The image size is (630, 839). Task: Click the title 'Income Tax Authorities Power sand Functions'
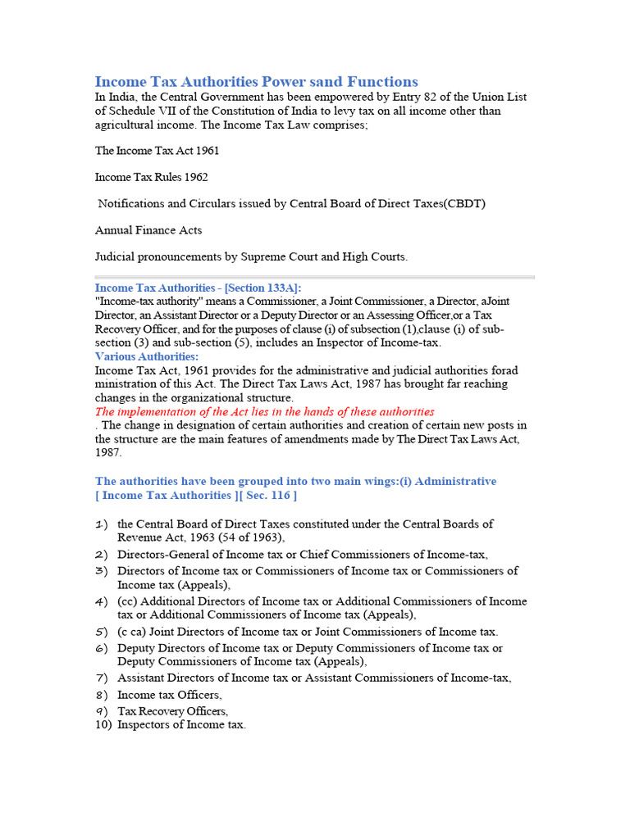(256, 81)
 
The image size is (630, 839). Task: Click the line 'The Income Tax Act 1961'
(157, 151)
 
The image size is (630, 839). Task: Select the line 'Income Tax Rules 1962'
(151, 177)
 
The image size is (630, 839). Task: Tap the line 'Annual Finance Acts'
(148, 230)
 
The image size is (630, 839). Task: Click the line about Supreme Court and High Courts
(251, 256)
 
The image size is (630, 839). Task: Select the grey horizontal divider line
(314, 277)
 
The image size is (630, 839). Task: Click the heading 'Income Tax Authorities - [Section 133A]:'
(198, 288)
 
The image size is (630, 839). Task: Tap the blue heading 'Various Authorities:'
(146, 356)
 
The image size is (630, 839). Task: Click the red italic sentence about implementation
(264, 411)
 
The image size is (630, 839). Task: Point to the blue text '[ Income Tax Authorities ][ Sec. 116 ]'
(196, 495)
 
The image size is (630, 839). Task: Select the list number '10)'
(103, 724)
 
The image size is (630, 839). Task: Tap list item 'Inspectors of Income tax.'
(181, 724)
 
